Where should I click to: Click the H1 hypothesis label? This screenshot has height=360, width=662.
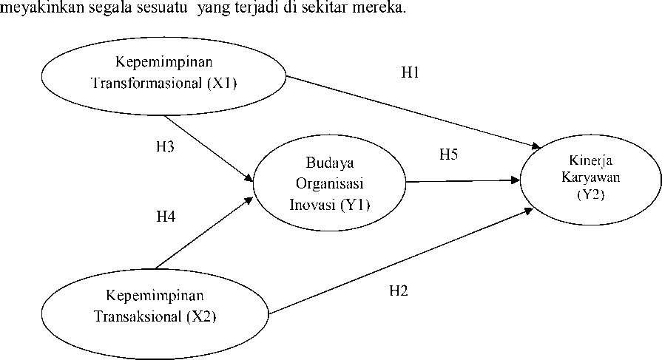pyautogui.click(x=410, y=72)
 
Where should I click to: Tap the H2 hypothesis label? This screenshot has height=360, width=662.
pyautogui.click(x=399, y=291)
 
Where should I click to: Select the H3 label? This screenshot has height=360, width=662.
pyautogui.click(x=165, y=146)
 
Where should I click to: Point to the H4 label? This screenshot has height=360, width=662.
pyautogui.click(x=166, y=217)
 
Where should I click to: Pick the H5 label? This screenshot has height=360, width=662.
pyautogui.click(x=448, y=154)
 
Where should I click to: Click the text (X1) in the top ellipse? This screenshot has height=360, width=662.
pyautogui.click(x=222, y=83)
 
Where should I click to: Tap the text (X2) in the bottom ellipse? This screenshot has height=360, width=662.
pyautogui.click(x=201, y=316)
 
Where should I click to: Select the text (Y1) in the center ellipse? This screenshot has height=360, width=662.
pyautogui.click(x=355, y=205)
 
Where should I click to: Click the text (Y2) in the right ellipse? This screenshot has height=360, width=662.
pyautogui.click(x=591, y=194)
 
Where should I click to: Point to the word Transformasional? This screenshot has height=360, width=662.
pyautogui.click(x=148, y=83)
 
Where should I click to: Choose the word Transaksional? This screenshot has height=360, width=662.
pyautogui.click(x=138, y=316)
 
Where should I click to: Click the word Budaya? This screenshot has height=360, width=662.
pyautogui.click(x=330, y=163)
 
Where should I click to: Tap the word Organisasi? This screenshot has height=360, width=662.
pyautogui.click(x=330, y=184)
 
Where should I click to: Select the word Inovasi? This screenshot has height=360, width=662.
pyautogui.click(x=312, y=205)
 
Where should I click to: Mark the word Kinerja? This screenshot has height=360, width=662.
pyautogui.click(x=591, y=161)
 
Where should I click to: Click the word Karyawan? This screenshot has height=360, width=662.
pyautogui.click(x=591, y=177)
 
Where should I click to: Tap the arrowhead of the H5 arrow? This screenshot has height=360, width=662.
pyautogui.click(x=516, y=180)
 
